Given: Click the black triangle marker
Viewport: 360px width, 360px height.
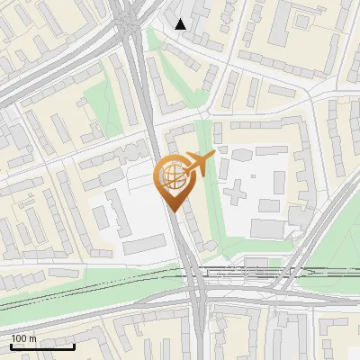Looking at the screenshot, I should [181, 24].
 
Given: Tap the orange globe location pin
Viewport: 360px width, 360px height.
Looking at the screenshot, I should [173, 178].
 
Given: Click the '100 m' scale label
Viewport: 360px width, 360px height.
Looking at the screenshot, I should [24, 338].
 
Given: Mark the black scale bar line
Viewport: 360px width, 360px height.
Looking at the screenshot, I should [42, 346].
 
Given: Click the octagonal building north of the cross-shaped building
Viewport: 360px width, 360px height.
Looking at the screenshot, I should [240, 155].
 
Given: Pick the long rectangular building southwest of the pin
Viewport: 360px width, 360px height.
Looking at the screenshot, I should [143, 245].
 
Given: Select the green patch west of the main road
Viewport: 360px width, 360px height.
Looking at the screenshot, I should [103, 112].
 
